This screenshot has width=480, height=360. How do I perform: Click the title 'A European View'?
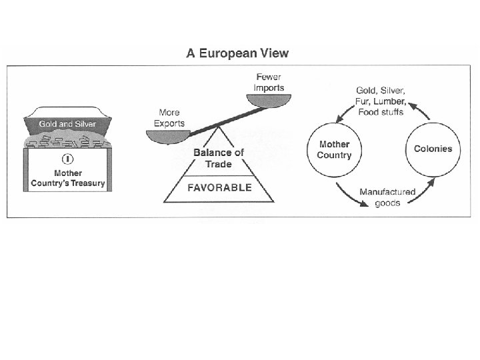pyautogui.click(x=237, y=54)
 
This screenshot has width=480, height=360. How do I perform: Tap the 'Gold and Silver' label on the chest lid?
pyautogui.click(x=67, y=124)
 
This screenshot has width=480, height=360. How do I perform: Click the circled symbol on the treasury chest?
pyautogui.click(x=67, y=159)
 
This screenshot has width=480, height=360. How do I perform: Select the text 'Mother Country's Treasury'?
pyautogui.click(x=67, y=178)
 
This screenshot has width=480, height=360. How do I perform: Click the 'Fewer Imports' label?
pyautogui.click(x=270, y=83)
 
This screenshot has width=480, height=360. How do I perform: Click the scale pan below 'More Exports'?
pyautogui.click(x=169, y=135)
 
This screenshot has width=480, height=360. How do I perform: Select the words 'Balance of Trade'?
pyautogui.click(x=219, y=157)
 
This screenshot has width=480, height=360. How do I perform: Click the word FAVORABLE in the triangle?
pyautogui.click(x=219, y=187)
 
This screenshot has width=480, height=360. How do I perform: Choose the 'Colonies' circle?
pyautogui.click(x=433, y=149)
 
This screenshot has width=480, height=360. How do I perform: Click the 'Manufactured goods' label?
pyautogui.click(x=387, y=197)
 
